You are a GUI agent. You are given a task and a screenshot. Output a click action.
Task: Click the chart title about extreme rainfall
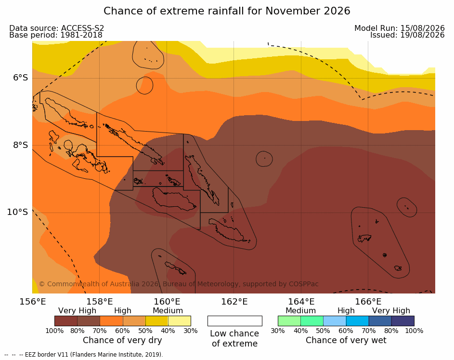click(x=227, y=11)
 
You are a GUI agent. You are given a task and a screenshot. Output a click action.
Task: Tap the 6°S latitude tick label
click(x=20, y=78)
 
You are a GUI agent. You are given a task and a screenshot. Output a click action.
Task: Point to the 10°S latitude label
click(x=18, y=212)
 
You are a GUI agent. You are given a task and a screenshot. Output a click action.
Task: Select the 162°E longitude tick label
click(x=234, y=302)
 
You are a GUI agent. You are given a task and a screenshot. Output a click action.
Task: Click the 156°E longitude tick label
click(x=33, y=302)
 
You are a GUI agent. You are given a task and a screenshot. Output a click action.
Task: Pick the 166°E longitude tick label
click(x=368, y=302)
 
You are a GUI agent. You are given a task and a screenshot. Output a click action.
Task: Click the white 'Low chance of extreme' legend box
click(x=235, y=321)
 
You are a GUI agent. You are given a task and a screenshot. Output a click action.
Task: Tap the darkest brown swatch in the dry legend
click(x=66, y=321)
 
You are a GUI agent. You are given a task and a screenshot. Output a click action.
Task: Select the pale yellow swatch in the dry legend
click(x=180, y=321)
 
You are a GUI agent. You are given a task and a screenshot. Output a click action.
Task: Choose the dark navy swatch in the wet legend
click(x=403, y=321)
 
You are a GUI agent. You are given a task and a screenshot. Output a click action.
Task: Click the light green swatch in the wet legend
click(x=289, y=321)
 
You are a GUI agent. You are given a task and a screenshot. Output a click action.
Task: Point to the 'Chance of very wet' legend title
click(x=346, y=340)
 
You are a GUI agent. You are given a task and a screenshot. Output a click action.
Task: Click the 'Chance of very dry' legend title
click(x=122, y=340)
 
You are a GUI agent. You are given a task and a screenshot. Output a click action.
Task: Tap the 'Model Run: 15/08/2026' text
click(x=400, y=28)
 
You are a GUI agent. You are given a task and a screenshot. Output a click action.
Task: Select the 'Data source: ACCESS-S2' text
click(x=57, y=28)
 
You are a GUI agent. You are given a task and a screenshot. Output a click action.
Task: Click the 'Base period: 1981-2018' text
click(x=56, y=35)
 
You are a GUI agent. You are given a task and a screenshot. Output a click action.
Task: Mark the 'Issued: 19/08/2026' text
click(x=407, y=35)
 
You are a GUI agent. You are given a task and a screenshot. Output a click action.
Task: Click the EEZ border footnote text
click(x=84, y=355)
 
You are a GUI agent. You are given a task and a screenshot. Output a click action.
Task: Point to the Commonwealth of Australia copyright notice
click(x=179, y=284)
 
